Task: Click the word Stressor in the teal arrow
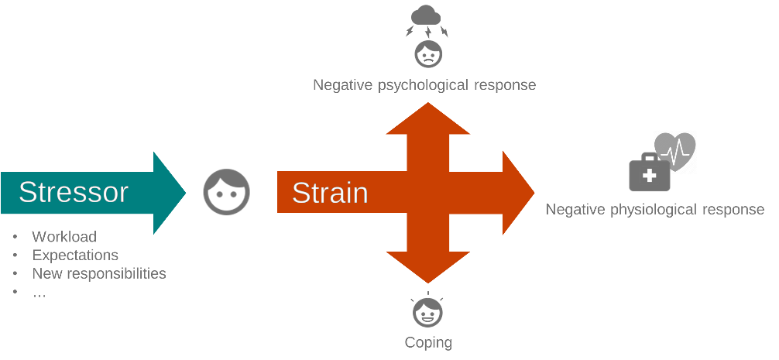coord(74,192)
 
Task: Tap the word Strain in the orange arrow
coord(329,193)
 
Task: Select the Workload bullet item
coord(64,236)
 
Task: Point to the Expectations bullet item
coord(75,255)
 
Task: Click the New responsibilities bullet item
coord(99,273)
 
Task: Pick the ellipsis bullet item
coord(39,292)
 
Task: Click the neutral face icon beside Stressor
coord(226,193)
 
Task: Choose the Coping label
coord(428,342)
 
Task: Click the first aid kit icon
coord(649,173)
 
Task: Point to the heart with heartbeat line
coord(675,150)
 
